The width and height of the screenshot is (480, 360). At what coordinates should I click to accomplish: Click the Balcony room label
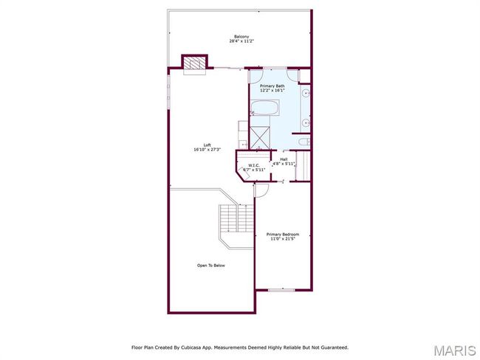241,36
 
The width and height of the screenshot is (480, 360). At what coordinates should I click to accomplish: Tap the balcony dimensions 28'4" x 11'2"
241,41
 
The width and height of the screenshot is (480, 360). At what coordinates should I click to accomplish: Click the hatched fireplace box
194,63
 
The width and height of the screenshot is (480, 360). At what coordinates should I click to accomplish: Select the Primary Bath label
272,86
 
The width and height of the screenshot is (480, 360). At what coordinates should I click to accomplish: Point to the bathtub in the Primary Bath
265,108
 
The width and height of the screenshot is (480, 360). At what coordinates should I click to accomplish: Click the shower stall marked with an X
260,138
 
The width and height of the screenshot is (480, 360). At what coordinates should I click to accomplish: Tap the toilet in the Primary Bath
304,142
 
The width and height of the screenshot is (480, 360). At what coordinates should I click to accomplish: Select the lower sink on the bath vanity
306,123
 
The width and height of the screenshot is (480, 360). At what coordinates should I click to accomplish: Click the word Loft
208,145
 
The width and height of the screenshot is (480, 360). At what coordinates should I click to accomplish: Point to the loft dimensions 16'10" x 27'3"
208,150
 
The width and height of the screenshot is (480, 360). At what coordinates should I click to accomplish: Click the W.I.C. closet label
254,165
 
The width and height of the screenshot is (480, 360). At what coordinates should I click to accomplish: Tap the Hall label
284,159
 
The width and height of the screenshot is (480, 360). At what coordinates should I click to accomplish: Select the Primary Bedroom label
283,235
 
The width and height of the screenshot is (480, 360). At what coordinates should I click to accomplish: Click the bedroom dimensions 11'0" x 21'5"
283,239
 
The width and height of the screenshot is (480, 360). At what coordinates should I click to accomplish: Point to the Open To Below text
211,266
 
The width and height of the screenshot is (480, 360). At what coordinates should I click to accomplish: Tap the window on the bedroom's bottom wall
281,290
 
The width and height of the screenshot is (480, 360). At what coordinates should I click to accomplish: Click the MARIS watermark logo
455,350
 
